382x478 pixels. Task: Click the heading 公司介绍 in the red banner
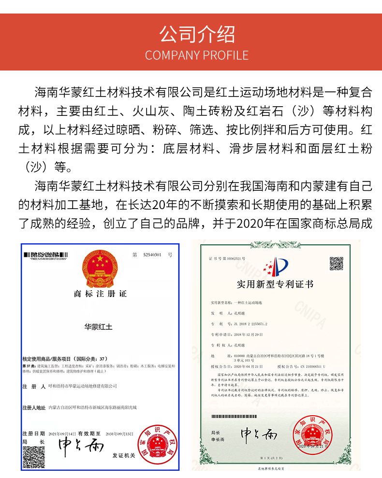click(x=191, y=34)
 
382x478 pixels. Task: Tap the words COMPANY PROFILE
click(x=191, y=55)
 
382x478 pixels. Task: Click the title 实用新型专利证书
click(x=275, y=284)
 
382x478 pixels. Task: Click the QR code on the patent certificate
click(x=337, y=264)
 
